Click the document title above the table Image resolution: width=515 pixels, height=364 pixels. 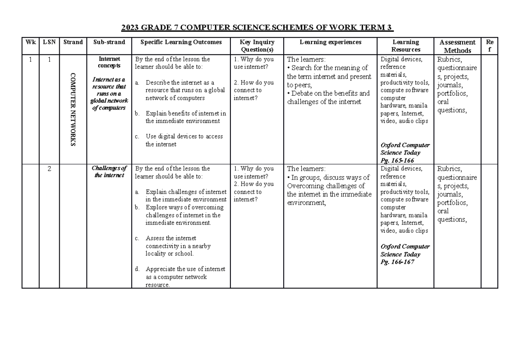[x=257, y=28]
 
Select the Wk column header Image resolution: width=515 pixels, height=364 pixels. [x=30, y=42]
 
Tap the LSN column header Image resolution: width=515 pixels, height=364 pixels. [x=49, y=42]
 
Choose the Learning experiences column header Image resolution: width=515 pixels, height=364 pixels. [x=330, y=42]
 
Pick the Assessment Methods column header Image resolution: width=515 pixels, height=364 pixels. [x=457, y=46]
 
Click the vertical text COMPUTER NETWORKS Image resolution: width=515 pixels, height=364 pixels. [x=73, y=109]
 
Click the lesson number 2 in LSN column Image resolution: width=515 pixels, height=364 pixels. [x=49, y=169]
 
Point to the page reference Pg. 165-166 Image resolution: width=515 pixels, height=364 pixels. [x=397, y=160]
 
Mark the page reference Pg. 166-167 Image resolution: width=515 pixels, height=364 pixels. [x=397, y=262]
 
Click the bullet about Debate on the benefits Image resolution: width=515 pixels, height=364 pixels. [x=328, y=97]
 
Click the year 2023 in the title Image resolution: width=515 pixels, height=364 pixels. [x=130, y=28]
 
